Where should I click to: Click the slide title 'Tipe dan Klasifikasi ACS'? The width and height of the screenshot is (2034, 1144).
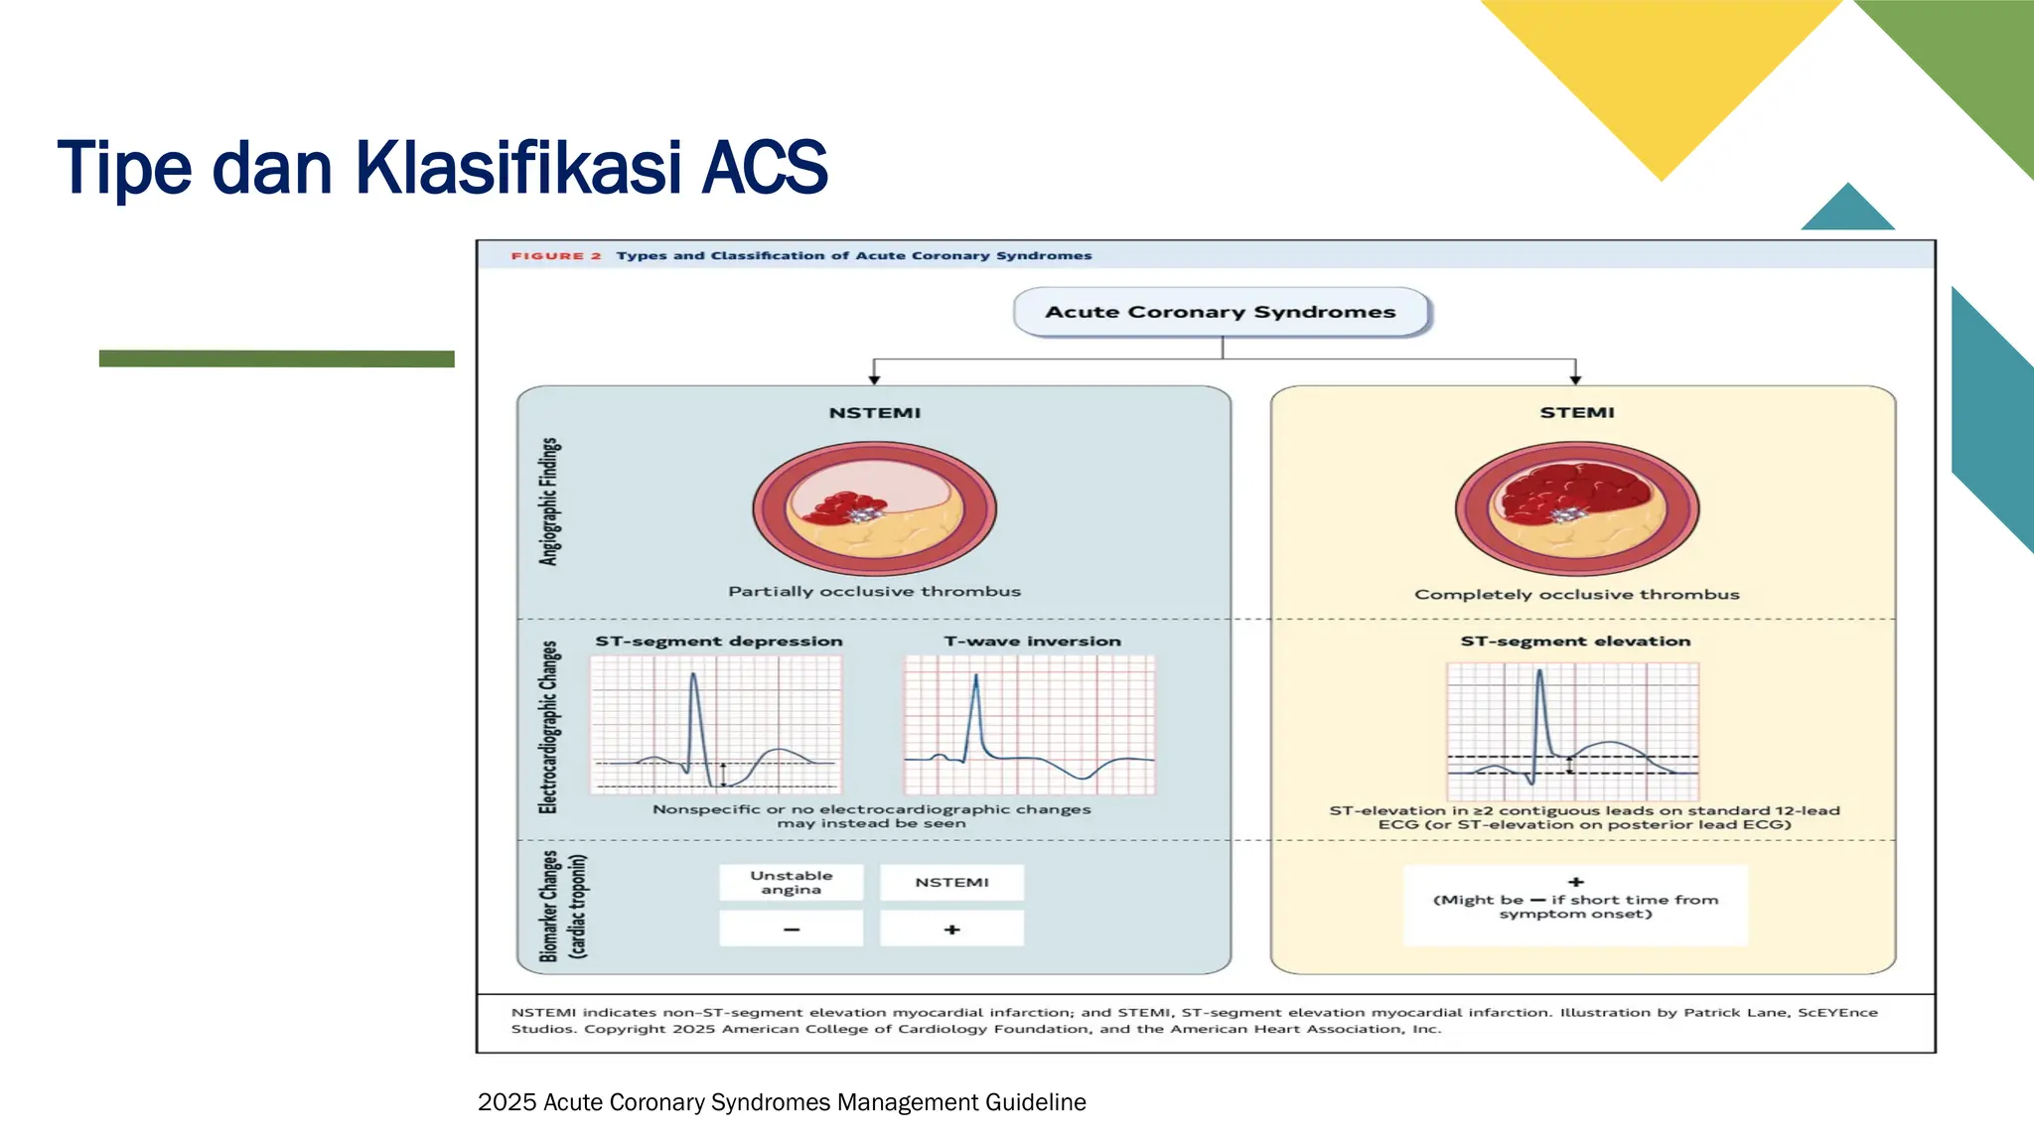[443, 167]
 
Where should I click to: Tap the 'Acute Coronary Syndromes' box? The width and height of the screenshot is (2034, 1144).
[1221, 312]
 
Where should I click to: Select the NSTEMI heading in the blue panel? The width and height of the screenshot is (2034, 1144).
[875, 412]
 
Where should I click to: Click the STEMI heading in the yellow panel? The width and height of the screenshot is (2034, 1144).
[1577, 412]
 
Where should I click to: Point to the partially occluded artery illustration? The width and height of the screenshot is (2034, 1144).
[875, 508]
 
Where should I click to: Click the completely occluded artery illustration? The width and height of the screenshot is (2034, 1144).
[1577, 508]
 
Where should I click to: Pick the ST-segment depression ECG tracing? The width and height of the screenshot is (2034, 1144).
[716, 724]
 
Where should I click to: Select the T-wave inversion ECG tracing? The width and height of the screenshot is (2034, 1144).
[1030, 724]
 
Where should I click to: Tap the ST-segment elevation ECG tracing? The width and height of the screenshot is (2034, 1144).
[1573, 731]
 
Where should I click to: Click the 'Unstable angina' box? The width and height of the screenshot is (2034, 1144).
[792, 882]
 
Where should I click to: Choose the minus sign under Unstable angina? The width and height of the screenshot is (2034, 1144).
[792, 929]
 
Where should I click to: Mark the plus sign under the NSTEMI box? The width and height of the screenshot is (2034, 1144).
[952, 929]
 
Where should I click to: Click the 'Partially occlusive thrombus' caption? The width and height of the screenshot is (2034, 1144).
[875, 591]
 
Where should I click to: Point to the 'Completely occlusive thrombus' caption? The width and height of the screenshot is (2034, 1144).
[1577, 594]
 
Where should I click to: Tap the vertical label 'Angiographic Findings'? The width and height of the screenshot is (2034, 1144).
[549, 501]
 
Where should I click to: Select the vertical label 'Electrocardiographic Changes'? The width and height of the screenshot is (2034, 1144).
[549, 727]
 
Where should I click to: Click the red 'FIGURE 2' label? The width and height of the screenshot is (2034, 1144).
[556, 255]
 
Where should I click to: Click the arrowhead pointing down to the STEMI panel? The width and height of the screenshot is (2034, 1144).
[1575, 379]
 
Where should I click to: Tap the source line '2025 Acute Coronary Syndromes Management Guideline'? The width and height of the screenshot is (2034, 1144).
[782, 1102]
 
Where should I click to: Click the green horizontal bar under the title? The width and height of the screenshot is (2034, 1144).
[277, 358]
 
